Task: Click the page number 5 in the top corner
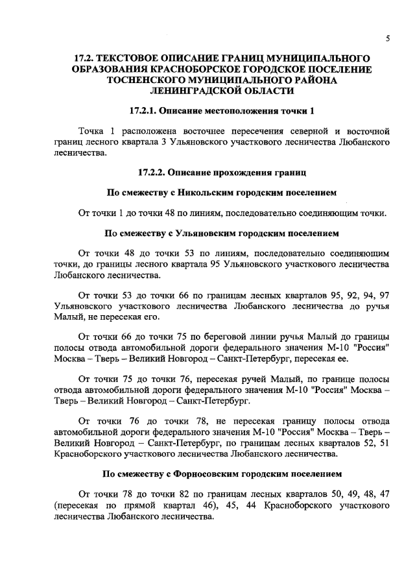387,38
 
